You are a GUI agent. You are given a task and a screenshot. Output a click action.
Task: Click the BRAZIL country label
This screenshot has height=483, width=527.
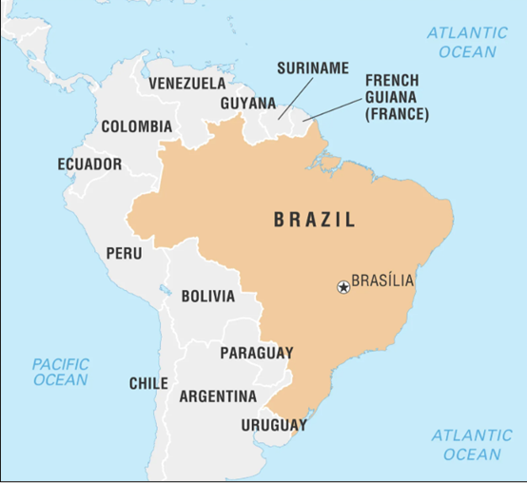pyautogui.click(x=315, y=221)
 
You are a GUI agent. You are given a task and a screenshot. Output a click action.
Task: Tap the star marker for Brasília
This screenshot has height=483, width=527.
pyautogui.click(x=343, y=286)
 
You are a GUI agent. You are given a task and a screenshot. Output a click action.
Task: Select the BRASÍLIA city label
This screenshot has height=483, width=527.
pyautogui.click(x=383, y=281)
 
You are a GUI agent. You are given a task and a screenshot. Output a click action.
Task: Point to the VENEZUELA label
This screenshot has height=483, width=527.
pyautogui.click(x=187, y=84)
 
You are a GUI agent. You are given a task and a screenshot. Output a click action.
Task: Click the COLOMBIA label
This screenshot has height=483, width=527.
pyautogui.click(x=137, y=126)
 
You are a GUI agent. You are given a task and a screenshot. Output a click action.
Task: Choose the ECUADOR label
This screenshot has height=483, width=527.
pyautogui.click(x=89, y=164)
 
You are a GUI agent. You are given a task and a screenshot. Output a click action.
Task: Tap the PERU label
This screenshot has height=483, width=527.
pyautogui.click(x=124, y=254)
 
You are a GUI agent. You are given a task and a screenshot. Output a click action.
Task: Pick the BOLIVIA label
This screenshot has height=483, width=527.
pyautogui.click(x=207, y=297)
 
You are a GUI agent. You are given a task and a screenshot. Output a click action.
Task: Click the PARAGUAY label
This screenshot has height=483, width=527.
pyautogui.click(x=257, y=354)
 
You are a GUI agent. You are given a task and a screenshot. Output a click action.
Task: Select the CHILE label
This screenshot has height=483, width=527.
pyautogui.click(x=149, y=384)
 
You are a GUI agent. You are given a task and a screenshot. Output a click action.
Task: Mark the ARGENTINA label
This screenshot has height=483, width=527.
pyautogui.click(x=218, y=396)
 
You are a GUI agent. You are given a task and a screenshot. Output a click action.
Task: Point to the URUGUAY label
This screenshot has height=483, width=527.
pyautogui.click(x=274, y=425)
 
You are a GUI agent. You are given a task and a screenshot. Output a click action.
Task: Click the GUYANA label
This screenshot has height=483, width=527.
pyautogui.click(x=247, y=104)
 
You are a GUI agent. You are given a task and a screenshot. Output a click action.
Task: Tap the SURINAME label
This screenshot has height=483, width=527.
pyautogui.click(x=313, y=68)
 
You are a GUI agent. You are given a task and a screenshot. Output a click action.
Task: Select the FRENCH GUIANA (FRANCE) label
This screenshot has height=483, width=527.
pyautogui.click(x=398, y=98)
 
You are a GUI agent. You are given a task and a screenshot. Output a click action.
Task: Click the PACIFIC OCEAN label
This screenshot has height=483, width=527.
pyautogui.click(x=60, y=372)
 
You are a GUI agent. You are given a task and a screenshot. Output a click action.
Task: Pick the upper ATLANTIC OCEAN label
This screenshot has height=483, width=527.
pyautogui.click(x=466, y=42)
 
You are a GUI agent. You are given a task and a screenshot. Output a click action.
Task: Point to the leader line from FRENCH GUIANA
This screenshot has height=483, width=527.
pyautogui.click(x=332, y=110)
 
